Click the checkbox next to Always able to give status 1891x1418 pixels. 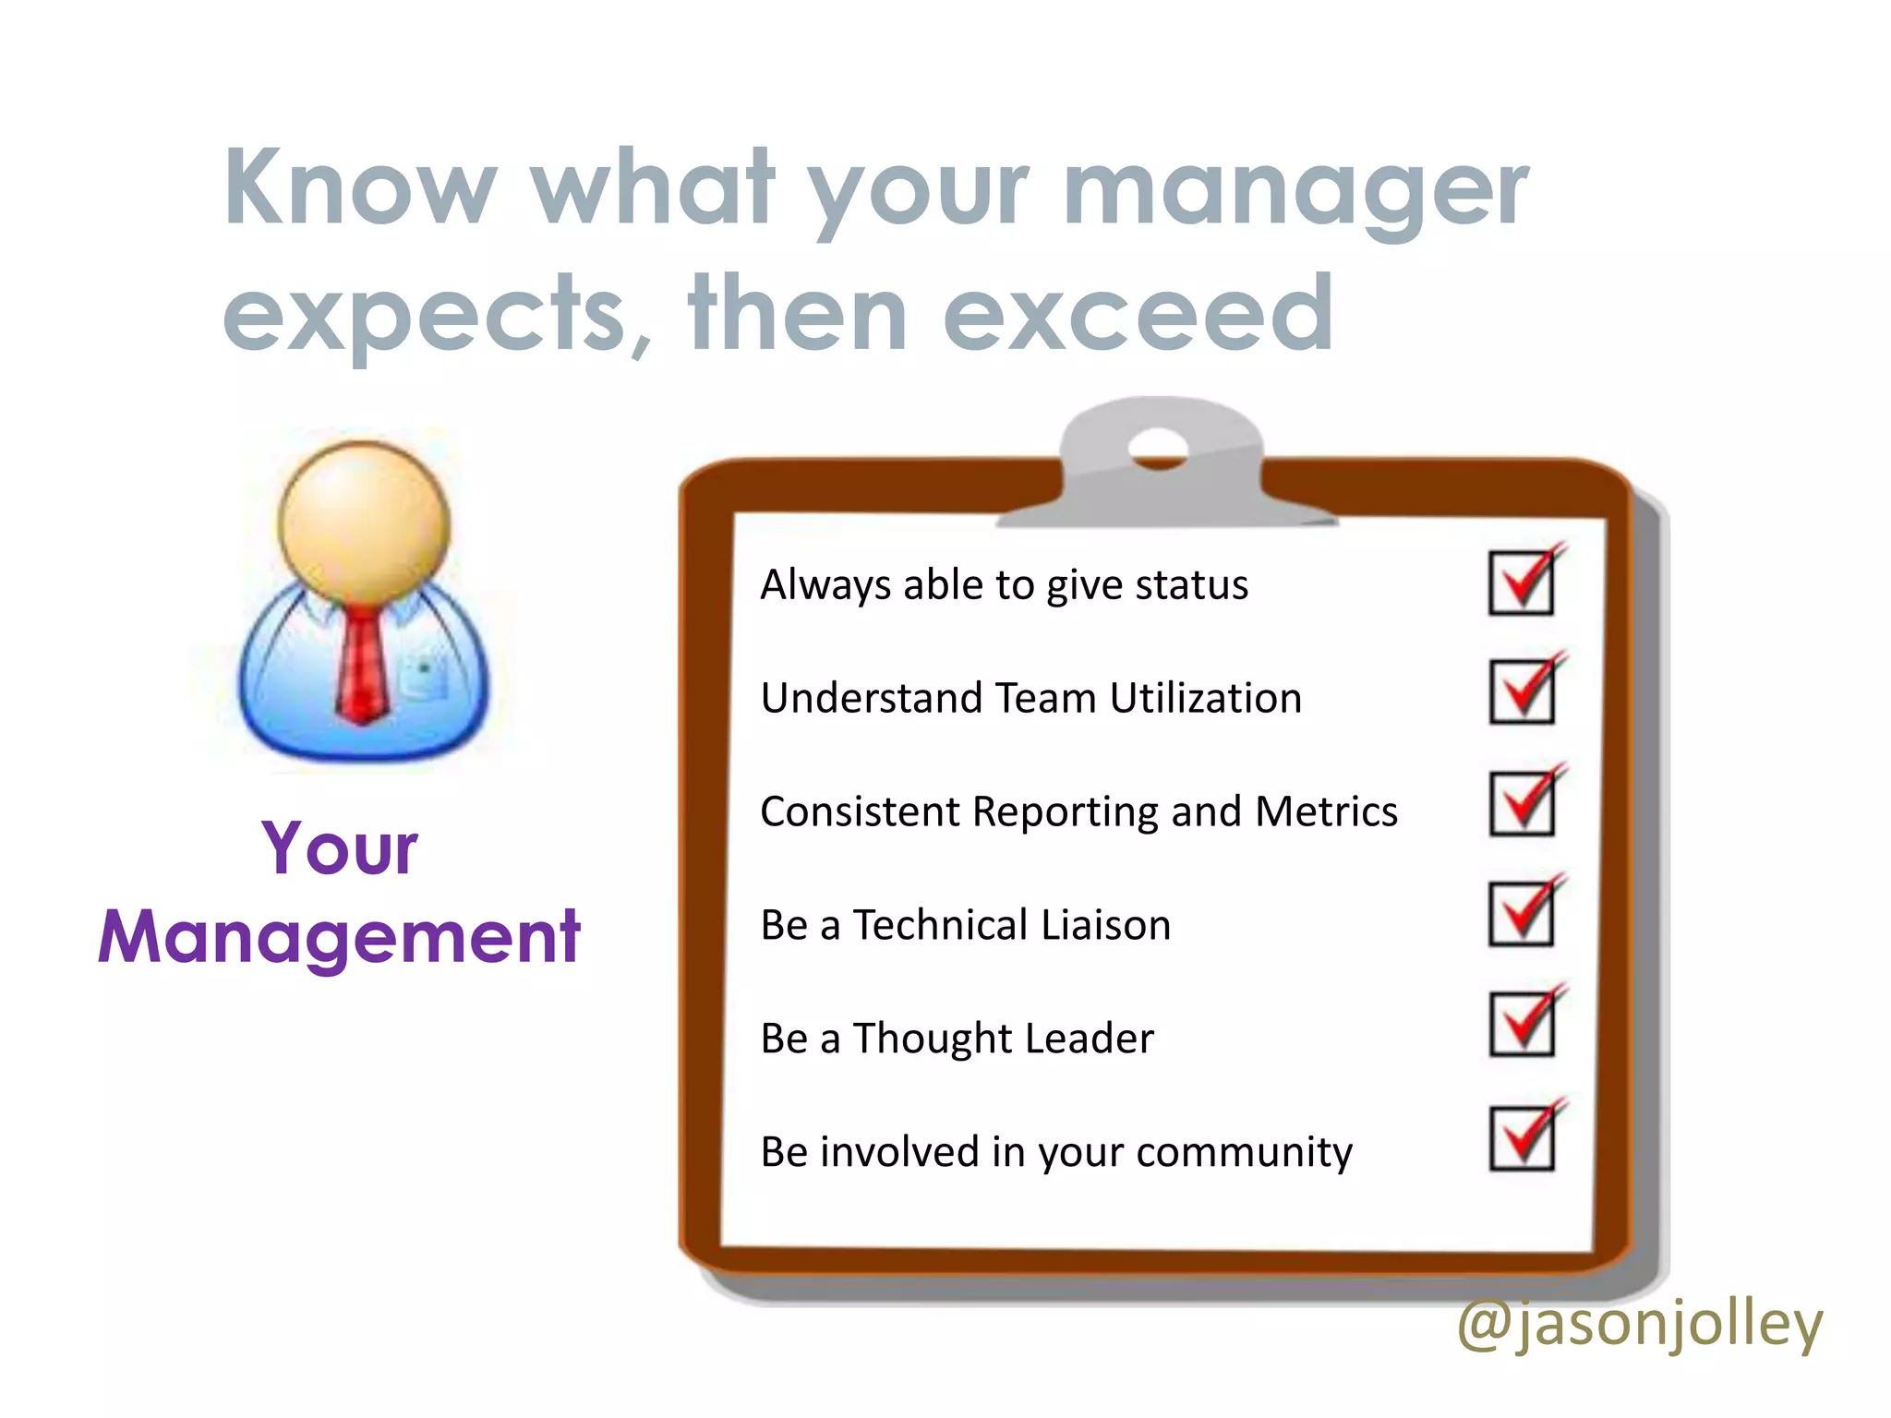[x=1521, y=583]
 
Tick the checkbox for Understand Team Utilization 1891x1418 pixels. [x=1521, y=692]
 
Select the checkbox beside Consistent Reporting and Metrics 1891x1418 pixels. [x=1521, y=804]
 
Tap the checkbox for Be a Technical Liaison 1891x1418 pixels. [x=1521, y=915]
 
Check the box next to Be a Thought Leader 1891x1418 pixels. [x=1521, y=1025]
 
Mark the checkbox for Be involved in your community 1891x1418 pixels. [x=1521, y=1139]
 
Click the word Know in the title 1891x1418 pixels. [x=361, y=188]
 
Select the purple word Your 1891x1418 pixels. [x=339, y=848]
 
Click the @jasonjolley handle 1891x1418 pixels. [x=1639, y=1324]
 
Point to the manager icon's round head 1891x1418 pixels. [x=364, y=523]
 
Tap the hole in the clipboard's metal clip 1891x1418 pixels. [x=1157, y=449]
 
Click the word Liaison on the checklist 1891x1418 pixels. [x=1105, y=925]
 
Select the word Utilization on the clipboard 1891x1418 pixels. [x=1205, y=698]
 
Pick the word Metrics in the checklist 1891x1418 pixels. [x=1326, y=812]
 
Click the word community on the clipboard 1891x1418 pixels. [x=1244, y=1153]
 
